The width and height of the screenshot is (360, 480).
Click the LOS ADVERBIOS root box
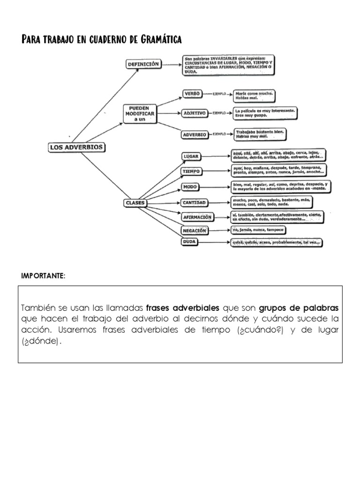point(76,147)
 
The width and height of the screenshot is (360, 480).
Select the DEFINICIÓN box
point(143,64)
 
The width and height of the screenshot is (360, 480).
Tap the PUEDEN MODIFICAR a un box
point(139,114)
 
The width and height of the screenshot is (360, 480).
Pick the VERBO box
point(192,94)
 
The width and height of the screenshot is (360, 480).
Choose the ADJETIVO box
point(195,113)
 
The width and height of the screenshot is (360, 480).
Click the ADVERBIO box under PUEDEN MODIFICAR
point(195,135)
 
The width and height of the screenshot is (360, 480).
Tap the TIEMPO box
point(192,172)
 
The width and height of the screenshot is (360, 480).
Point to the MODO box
point(190,187)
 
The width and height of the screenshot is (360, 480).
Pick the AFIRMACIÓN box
point(197,217)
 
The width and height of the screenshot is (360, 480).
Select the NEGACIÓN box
point(195,231)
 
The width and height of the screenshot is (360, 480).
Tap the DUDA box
point(190,242)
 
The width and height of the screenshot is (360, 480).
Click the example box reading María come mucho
point(254,96)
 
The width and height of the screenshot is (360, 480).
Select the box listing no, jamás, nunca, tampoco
point(257,230)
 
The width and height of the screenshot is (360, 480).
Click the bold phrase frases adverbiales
point(183,308)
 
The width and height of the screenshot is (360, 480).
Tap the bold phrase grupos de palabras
point(298,308)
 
